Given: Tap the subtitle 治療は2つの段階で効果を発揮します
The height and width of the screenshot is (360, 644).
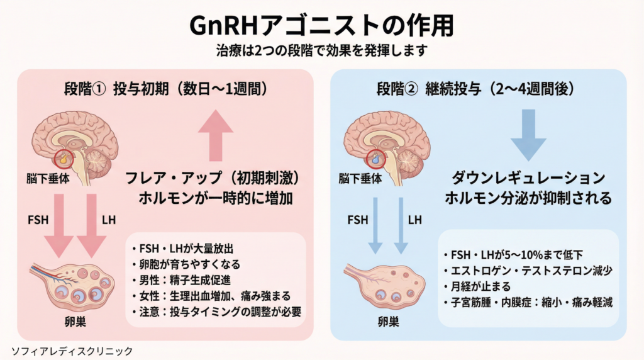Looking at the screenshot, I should pyautogui.click(x=321, y=50).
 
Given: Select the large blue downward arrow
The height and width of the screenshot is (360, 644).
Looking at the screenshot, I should pyautogui.click(x=527, y=134).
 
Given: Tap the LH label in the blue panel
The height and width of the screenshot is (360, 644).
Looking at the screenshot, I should pyautogui.click(x=415, y=220).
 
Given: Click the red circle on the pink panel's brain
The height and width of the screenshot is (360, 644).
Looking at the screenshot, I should pyautogui.click(x=64, y=159).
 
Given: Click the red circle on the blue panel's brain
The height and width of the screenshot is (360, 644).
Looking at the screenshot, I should pyautogui.click(x=375, y=159).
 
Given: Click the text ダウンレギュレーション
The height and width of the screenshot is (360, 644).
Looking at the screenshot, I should pyautogui.click(x=528, y=177).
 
